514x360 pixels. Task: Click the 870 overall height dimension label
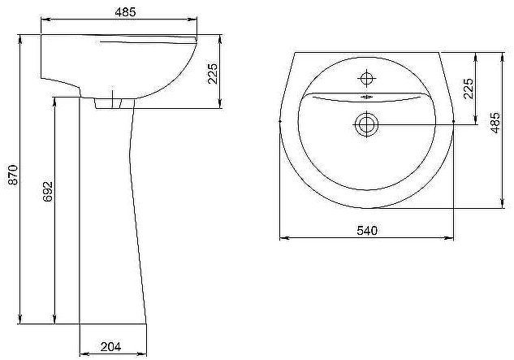[x=13, y=175]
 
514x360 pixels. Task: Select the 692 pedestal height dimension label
[x=48, y=191]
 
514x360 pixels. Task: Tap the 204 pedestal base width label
[x=110, y=346]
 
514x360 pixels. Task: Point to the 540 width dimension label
[x=367, y=230]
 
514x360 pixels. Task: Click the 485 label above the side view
[x=125, y=12]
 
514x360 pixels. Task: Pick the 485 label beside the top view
[x=495, y=123]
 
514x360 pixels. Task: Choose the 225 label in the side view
[x=213, y=73]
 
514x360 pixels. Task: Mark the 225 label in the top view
[x=468, y=89]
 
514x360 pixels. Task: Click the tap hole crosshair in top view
[x=366, y=79]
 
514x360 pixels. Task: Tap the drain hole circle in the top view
[x=366, y=124]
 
